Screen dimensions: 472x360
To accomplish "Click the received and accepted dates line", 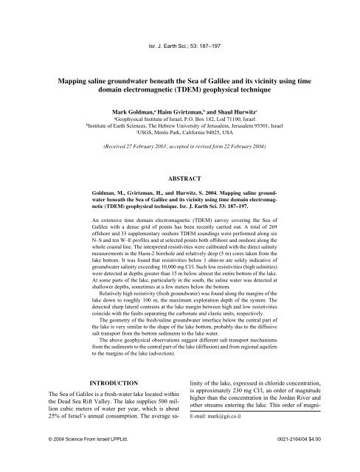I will tap(179, 147).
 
